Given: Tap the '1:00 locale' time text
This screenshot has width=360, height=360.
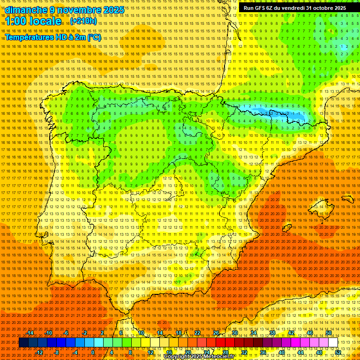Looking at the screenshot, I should click(33, 21).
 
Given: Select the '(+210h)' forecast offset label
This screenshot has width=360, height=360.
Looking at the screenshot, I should click(83, 21).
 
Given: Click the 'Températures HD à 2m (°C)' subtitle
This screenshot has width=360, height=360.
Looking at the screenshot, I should click(53, 37).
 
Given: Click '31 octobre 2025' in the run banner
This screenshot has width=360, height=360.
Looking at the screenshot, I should click(326, 8).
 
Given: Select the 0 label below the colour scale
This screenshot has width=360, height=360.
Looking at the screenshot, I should click(93, 352).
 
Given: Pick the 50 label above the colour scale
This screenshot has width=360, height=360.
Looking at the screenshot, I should click(329, 333).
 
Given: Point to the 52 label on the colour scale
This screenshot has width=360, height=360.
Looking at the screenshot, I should click(338, 352).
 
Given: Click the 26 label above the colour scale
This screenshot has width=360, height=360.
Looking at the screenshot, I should click(216, 333).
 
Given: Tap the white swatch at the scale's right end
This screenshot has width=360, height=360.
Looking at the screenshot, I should click(333, 343).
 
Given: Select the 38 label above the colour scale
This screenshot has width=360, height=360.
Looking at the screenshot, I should click(272, 333).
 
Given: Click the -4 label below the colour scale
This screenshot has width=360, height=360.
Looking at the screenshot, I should click(75, 352).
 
